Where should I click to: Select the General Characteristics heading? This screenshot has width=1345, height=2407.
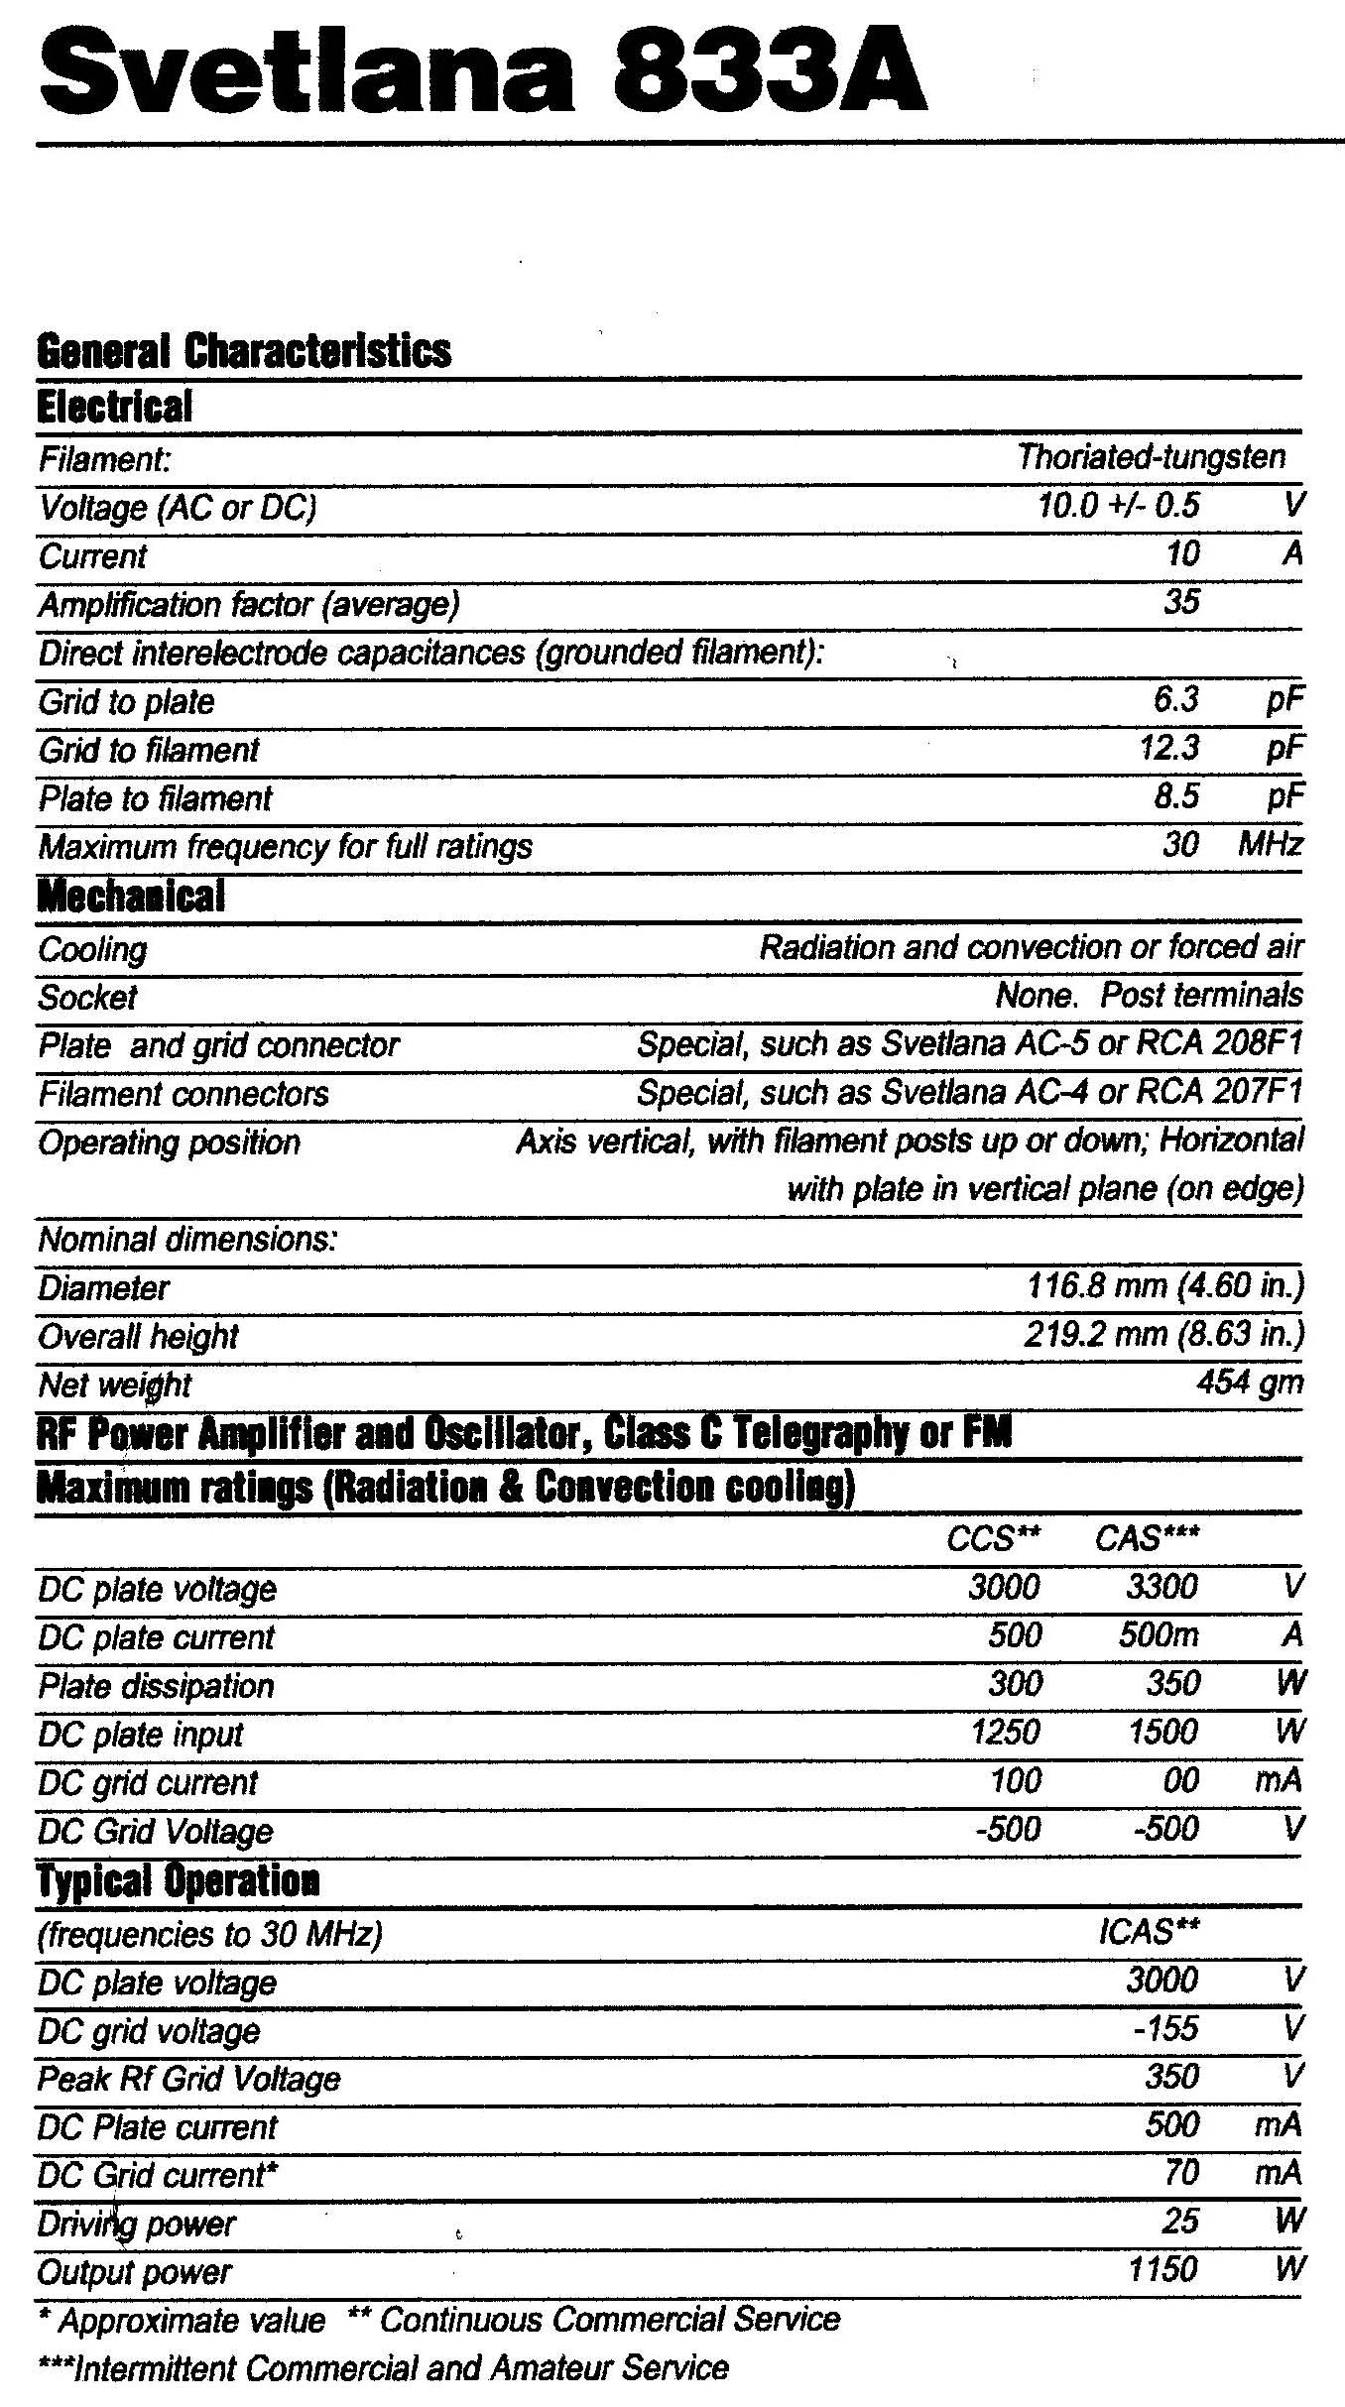coord(244,350)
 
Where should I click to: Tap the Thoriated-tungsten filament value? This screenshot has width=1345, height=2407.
coord(1151,456)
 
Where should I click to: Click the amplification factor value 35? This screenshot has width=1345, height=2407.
coord(1181,601)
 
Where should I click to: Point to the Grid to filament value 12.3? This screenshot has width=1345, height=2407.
coord(1169,747)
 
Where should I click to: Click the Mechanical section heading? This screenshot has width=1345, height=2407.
coord(131,896)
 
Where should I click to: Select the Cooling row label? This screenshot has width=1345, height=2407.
coord(92,949)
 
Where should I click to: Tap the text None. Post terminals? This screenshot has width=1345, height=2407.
coord(1149,995)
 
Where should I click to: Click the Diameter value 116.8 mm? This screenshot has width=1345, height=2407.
coord(1164,1286)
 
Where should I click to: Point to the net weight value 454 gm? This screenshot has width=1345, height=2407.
coord(1250,1383)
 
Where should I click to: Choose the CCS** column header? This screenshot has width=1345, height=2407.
coord(993,1537)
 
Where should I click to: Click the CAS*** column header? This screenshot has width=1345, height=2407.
coord(1148,1537)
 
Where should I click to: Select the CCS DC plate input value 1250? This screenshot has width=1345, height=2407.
coord(1006,1732)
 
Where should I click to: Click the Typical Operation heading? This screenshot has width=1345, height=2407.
coord(179,1880)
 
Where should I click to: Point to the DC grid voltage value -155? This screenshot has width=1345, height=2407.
coord(1166,2028)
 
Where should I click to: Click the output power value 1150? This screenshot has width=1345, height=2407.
coord(1162,2269)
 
